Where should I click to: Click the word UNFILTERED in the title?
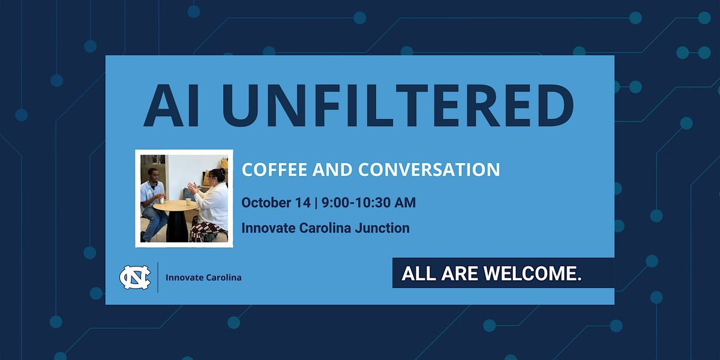(x=398, y=106)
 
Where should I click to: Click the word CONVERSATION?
(x=429, y=170)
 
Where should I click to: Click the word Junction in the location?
(x=382, y=228)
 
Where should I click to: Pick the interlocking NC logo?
(x=135, y=277)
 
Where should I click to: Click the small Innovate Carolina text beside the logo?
(x=203, y=277)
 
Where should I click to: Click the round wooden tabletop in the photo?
(x=175, y=205)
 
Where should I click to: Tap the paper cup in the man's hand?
(x=161, y=200)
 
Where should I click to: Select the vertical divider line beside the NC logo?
(x=158, y=277)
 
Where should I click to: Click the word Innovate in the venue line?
(x=268, y=228)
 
